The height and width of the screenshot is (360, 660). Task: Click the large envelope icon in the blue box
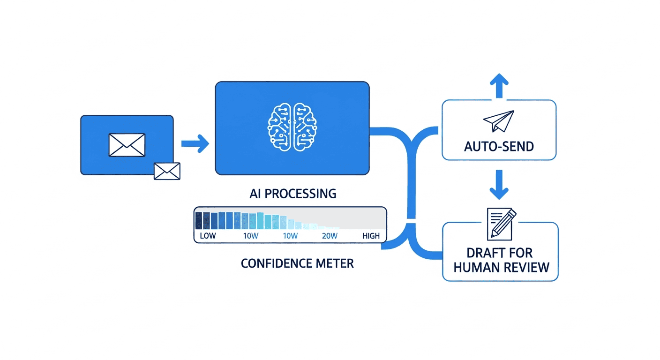click(127, 145)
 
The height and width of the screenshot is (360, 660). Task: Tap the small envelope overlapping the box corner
click(167, 171)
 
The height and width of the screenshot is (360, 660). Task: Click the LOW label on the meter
click(208, 236)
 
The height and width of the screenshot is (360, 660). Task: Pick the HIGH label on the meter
click(371, 236)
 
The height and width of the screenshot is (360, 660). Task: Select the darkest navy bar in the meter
click(199, 220)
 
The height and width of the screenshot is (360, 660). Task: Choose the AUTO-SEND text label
click(499, 147)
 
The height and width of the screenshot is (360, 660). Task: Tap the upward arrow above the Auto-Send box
click(499, 85)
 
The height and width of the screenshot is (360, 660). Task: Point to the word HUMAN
click(474, 268)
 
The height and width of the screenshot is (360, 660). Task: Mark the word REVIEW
click(526, 268)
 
